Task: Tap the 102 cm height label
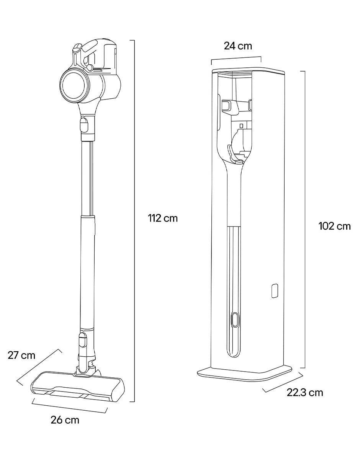[335, 226]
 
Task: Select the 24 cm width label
[238, 46]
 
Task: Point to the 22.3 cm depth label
[305, 393]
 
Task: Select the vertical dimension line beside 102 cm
[304, 220]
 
